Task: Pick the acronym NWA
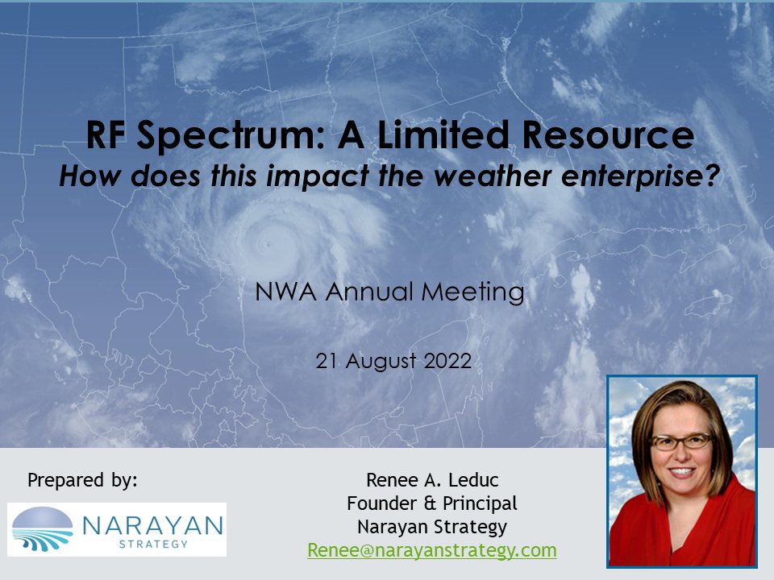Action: (283, 292)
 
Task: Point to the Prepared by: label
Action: (83, 480)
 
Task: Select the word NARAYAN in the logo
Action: (150, 525)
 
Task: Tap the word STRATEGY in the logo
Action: (151, 544)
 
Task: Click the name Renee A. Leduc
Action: (433, 481)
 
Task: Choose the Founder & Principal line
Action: (432, 504)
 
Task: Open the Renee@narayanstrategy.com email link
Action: (432, 550)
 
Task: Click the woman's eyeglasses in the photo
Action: (680, 441)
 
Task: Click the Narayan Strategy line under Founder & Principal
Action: (432, 528)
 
